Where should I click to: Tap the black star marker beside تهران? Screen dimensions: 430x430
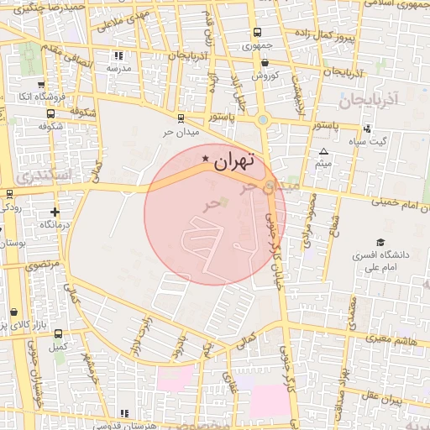tap(206, 158)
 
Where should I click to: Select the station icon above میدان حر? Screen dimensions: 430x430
tap(181, 118)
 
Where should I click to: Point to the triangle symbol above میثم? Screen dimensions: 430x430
tap(323, 151)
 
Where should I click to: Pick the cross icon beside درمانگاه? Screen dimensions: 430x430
tap(55, 212)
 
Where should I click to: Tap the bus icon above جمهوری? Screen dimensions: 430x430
tap(257, 34)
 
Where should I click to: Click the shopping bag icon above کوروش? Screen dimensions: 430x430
tap(265, 62)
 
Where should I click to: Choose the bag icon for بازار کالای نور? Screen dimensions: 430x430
tap(14, 311)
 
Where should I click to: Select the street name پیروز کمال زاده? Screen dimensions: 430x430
tap(325, 36)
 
